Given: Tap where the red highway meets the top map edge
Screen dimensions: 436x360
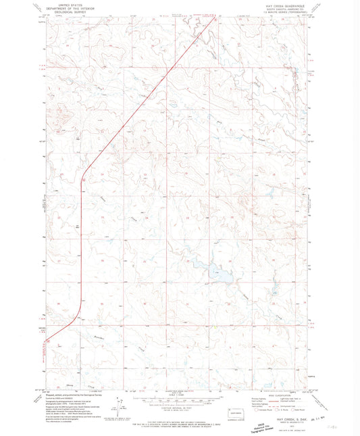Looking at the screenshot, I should (215, 18).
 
